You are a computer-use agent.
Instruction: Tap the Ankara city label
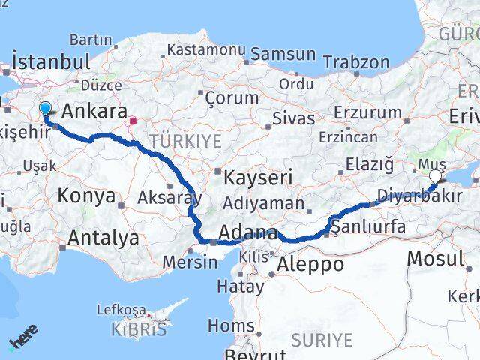pyautogui.click(x=94, y=112)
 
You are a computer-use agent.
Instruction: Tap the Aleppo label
pyautogui.click(x=310, y=264)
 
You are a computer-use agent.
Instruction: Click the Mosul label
pyautogui.click(x=435, y=259)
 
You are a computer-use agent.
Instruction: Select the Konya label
pyautogui.click(x=87, y=196)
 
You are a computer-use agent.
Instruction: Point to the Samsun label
pyautogui.click(x=283, y=54)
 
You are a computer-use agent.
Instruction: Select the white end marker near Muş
pyautogui.click(x=436, y=177)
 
